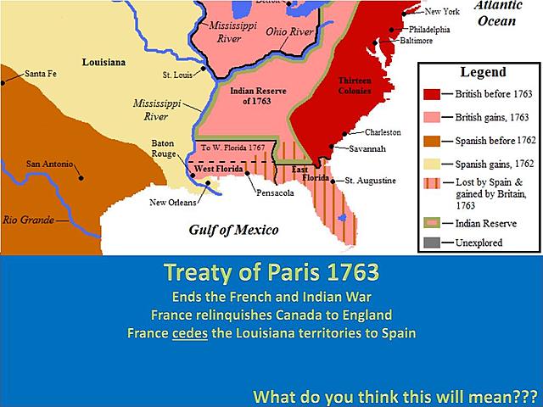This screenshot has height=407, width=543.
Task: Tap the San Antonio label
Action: (48, 163)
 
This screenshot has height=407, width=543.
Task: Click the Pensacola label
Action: (276, 193)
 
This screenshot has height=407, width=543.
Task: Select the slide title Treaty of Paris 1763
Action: (271, 277)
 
